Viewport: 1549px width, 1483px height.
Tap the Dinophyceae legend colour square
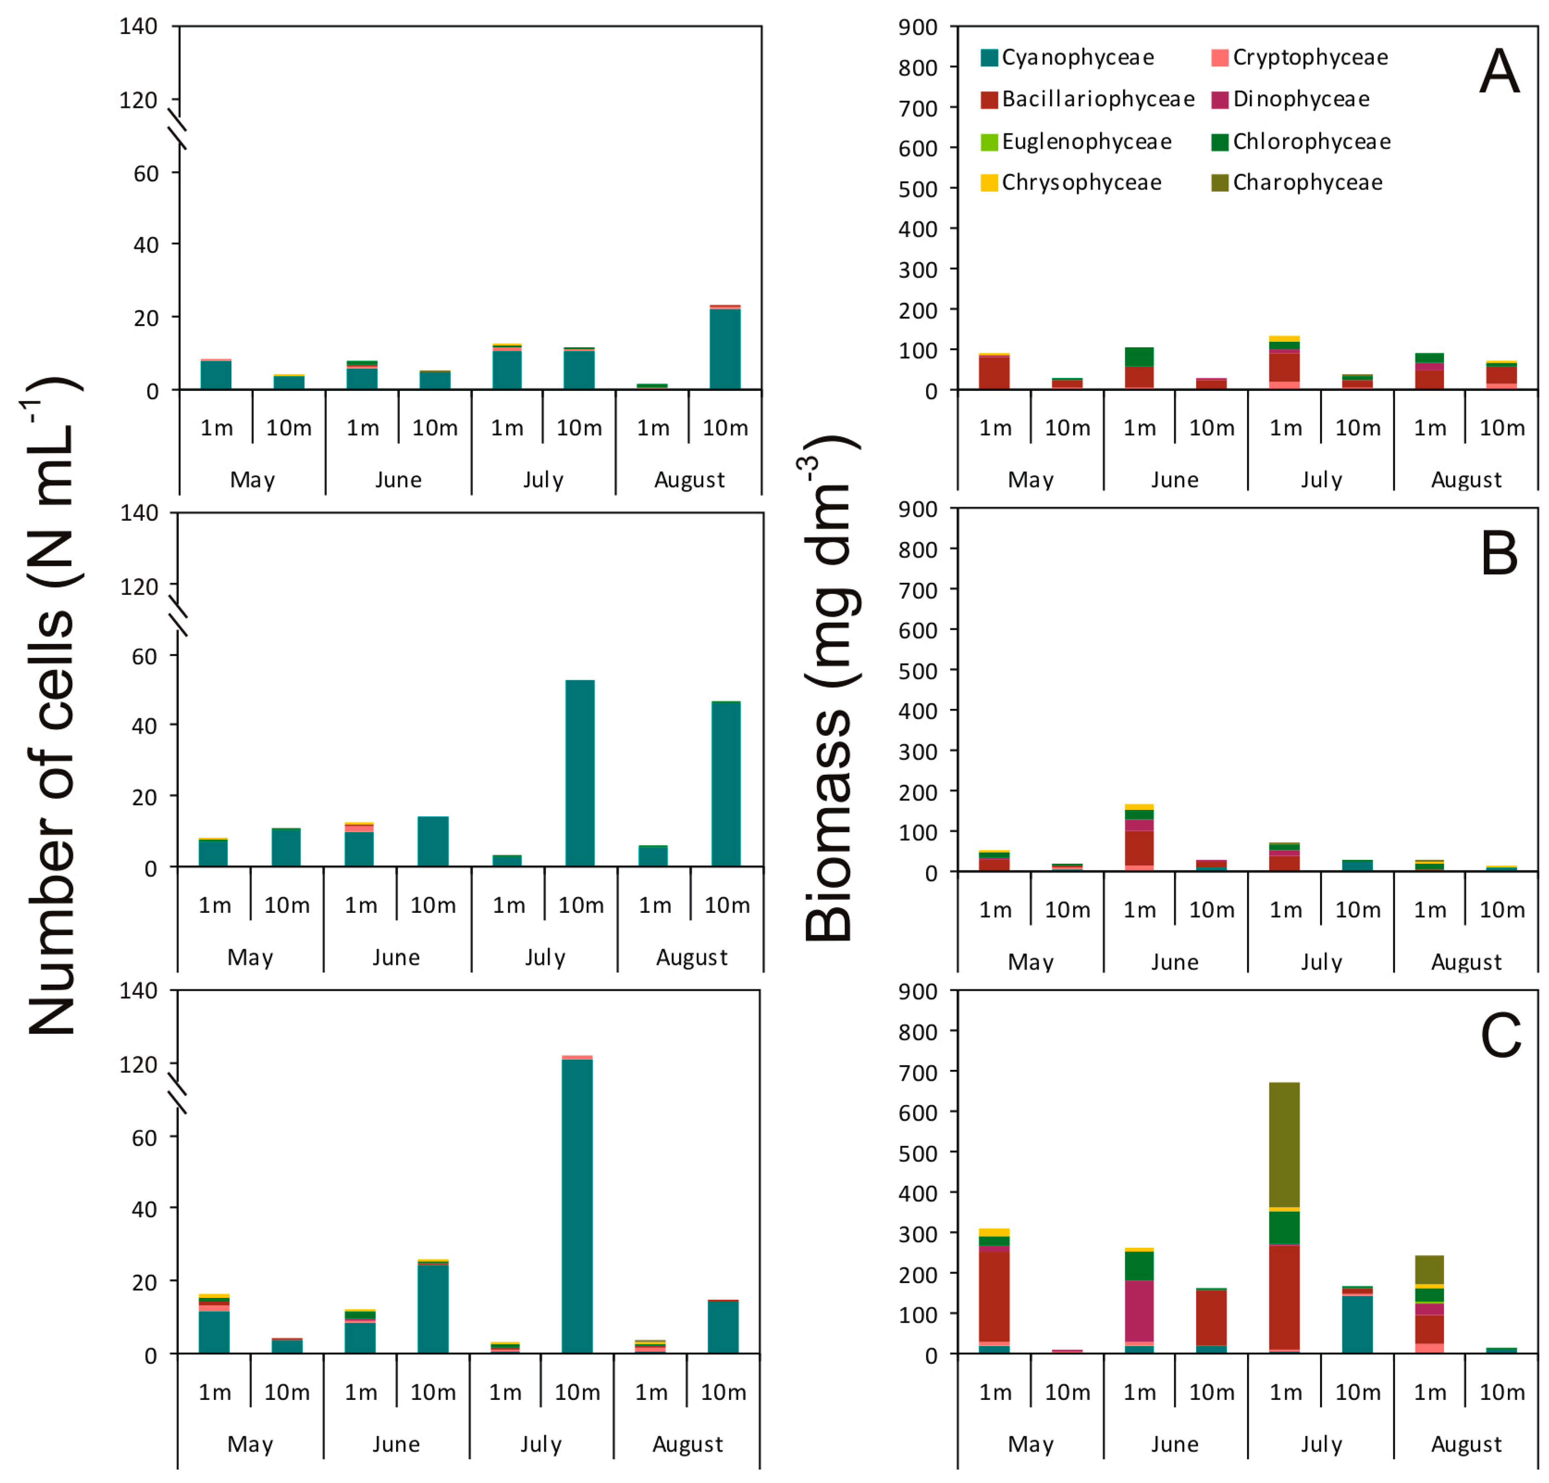point(1219,100)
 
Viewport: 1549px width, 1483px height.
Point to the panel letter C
point(1499,1036)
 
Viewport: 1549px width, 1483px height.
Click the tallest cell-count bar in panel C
point(577,1205)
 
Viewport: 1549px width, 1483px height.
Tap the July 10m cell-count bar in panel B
point(580,773)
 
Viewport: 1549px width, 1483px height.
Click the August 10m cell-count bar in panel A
point(725,348)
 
